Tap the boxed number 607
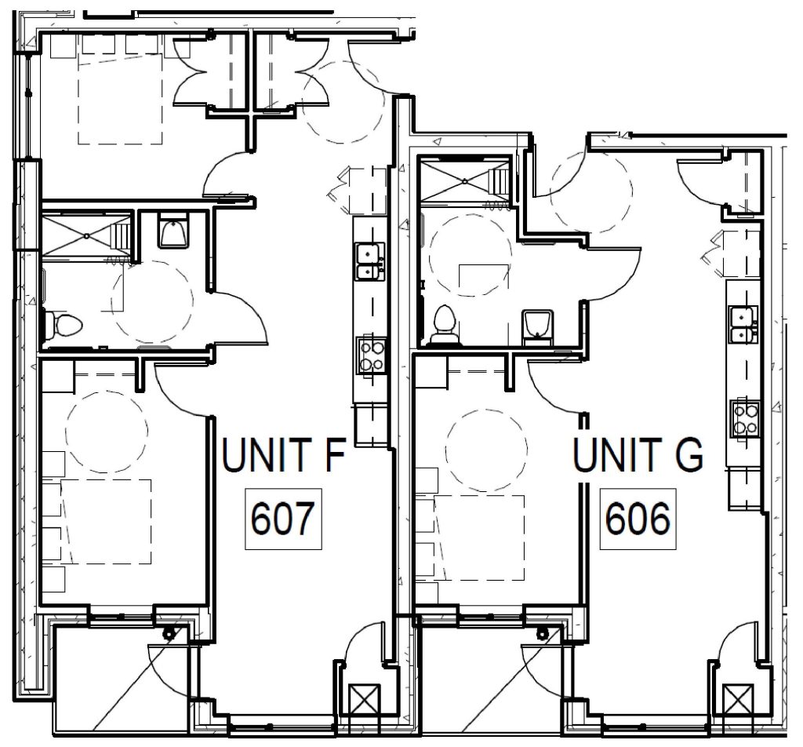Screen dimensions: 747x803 [x=283, y=518]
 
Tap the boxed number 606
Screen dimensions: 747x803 [x=638, y=518]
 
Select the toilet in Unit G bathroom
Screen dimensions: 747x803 [x=444, y=322]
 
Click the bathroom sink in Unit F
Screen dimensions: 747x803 [x=172, y=230]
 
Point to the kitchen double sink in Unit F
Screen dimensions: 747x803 [x=369, y=261]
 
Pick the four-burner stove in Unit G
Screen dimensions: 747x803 [x=743, y=417]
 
